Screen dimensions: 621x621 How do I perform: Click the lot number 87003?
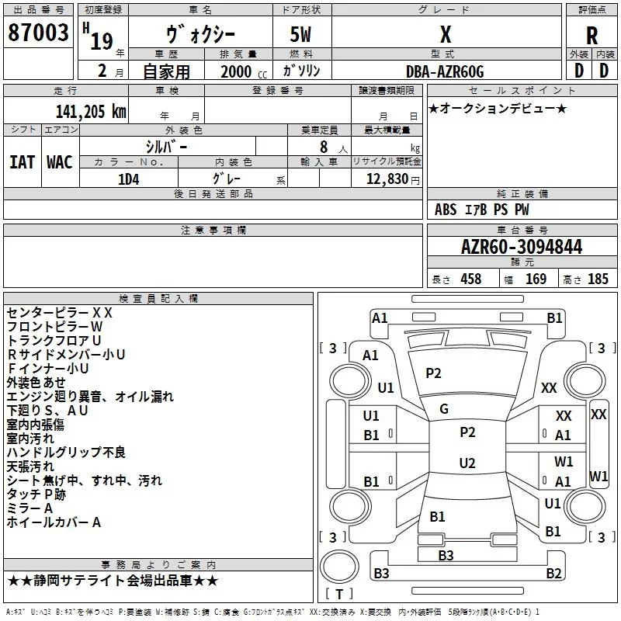38,33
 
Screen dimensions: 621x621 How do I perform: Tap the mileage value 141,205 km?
91,111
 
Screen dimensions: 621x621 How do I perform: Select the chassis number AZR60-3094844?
522,247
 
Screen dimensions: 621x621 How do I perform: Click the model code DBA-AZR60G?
445,71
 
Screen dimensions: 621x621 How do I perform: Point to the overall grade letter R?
592,35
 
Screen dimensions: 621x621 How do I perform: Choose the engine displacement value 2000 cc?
244,71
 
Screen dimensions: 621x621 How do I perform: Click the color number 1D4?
128,179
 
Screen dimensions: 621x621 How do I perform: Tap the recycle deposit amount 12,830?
387,179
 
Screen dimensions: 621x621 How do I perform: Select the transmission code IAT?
22,162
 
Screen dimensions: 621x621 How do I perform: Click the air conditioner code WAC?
60,162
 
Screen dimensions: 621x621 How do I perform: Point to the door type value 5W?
300,34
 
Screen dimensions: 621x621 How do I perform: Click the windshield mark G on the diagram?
444,409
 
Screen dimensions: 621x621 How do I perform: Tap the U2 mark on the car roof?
467,463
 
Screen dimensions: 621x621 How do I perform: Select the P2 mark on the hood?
433,373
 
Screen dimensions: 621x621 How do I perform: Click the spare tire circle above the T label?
339,567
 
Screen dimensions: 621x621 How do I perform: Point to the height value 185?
598,279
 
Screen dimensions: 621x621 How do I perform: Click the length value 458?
471,279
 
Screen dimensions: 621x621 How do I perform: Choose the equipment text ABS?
446,210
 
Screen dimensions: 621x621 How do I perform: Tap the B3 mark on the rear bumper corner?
381,573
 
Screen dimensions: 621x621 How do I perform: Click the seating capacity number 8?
324,147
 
